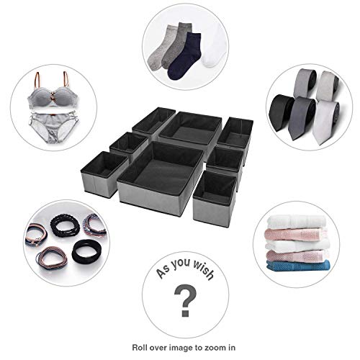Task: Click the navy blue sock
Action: (x=184, y=58)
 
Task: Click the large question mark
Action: (x=185, y=300)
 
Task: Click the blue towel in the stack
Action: (x=298, y=266)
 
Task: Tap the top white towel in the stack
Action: (x=297, y=222)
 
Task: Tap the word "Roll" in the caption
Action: (x=139, y=348)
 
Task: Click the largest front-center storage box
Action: (x=160, y=178)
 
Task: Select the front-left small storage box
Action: (x=104, y=174)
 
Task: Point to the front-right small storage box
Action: (x=215, y=198)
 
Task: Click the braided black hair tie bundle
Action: (x=64, y=225)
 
